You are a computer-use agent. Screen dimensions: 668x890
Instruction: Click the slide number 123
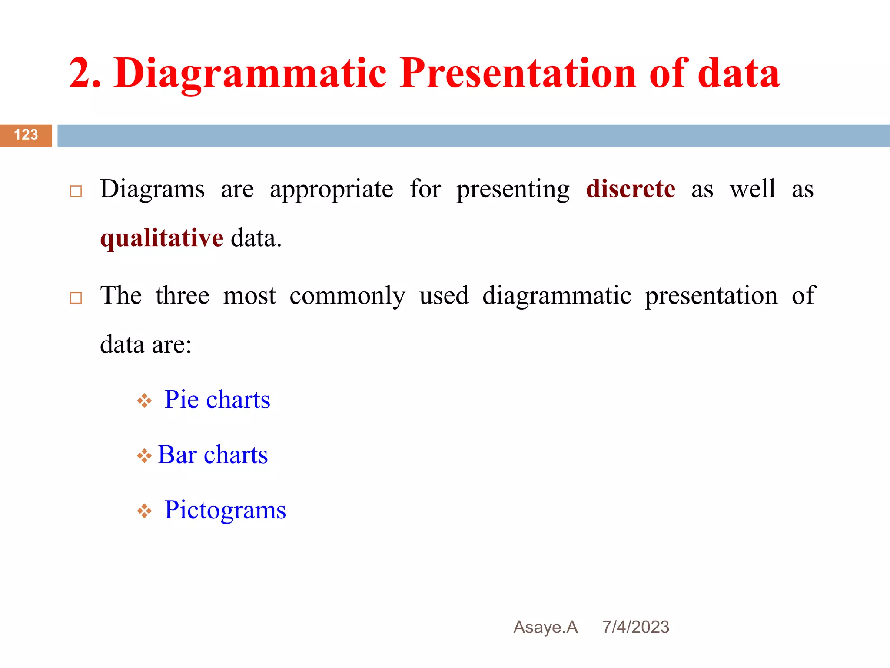point(26,135)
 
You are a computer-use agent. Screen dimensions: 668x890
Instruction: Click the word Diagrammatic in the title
point(250,74)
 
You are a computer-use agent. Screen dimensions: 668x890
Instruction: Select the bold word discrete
point(631,189)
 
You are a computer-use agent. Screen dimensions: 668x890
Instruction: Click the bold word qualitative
point(162,238)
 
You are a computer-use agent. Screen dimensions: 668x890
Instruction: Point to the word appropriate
point(332,190)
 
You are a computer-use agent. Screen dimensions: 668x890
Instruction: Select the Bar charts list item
point(213,454)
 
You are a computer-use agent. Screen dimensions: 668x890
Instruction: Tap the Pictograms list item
point(225,510)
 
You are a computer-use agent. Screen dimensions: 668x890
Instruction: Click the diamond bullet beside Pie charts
point(144,401)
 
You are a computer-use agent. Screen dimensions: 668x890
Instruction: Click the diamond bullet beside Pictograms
point(144,511)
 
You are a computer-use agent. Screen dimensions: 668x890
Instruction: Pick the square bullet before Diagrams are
point(76,191)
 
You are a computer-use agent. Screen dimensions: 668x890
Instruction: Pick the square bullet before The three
point(76,298)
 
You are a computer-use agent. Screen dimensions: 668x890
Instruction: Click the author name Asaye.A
point(545,627)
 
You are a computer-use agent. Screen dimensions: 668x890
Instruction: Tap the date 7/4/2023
point(636,627)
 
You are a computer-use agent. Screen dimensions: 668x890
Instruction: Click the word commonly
point(347,296)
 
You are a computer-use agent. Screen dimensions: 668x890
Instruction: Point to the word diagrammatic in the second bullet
point(557,296)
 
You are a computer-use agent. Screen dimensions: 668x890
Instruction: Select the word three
point(183,296)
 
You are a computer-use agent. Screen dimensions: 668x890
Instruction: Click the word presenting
point(513,190)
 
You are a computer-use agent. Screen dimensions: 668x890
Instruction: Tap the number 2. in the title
point(85,74)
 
